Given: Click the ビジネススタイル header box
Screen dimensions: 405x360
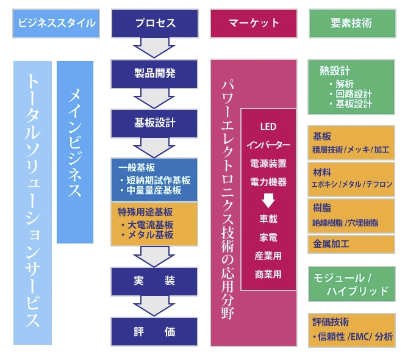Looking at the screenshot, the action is (56, 24).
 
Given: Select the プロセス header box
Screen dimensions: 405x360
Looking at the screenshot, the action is (155, 24).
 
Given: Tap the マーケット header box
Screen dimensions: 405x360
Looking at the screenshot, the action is (254, 24).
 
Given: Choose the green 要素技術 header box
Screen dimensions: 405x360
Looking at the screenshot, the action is (353, 24).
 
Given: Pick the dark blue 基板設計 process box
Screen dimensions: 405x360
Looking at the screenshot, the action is (154, 123).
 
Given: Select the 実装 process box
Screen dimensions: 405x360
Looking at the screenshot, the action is (154, 281).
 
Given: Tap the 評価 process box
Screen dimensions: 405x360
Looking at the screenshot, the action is (154, 331).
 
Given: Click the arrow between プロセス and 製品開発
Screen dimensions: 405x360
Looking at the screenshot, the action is (154, 48).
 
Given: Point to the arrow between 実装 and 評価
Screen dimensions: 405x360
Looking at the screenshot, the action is (154, 306).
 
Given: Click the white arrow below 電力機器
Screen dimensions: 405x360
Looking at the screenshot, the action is (268, 201).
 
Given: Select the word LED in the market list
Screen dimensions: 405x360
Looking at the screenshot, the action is (268, 127).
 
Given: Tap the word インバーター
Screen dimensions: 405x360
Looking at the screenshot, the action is (268, 145).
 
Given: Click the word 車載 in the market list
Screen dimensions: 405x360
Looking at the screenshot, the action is (268, 219).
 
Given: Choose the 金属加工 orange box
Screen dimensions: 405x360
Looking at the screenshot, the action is (351, 244).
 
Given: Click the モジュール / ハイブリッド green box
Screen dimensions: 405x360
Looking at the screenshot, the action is (352, 284).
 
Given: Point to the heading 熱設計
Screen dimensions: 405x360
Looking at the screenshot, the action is (335, 71).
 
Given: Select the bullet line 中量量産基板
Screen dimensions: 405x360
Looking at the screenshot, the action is (151, 190).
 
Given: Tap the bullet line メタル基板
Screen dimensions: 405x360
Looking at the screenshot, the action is (147, 235).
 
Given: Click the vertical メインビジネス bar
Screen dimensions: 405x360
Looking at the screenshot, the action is (75, 152).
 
